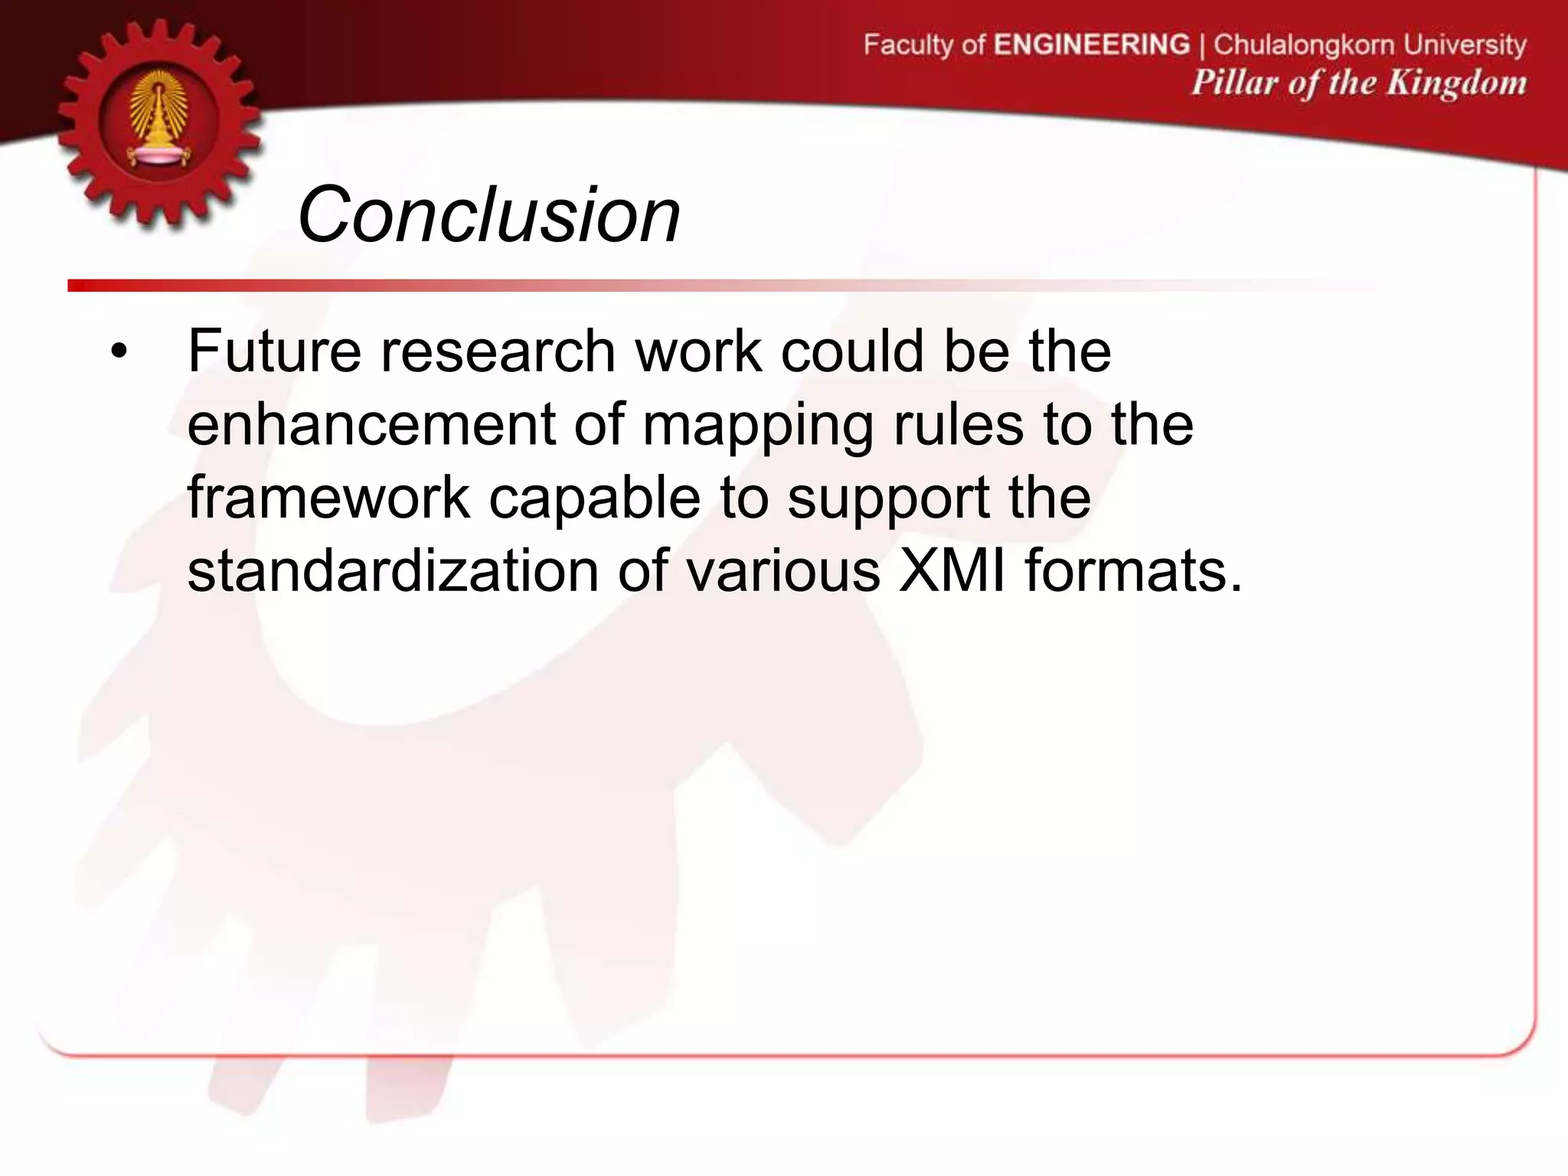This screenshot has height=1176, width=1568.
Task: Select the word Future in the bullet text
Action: pos(274,351)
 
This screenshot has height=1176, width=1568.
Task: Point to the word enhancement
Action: pos(371,424)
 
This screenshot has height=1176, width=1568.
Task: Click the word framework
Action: pos(328,498)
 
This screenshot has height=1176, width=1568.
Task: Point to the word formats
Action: pos(1133,570)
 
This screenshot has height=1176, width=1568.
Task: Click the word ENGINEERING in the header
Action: pos(1092,44)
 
